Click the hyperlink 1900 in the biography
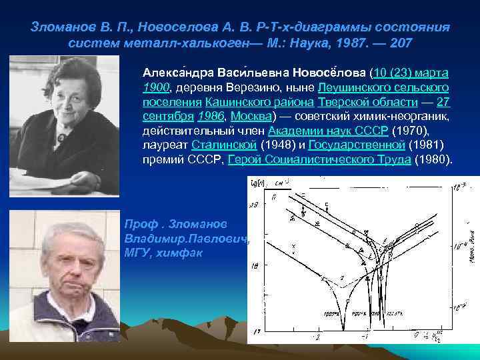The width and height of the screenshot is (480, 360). point(155,88)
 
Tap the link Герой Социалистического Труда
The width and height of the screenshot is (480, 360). point(319,160)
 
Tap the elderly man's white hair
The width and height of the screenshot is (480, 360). point(73,226)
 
